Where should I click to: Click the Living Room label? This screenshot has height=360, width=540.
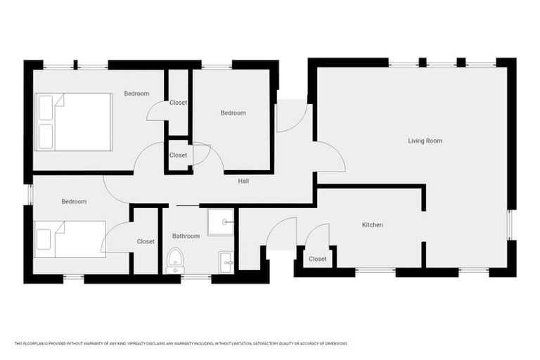pyautogui.click(x=425, y=141)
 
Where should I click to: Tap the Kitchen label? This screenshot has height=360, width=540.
pyautogui.click(x=372, y=225)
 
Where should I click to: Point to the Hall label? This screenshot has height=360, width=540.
pyautogui.click(x=243, y=181)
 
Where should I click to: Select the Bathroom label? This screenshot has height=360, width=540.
pyautogui.click(x=186, y=236)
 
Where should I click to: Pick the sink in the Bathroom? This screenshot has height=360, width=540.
pyautogui.click(x=226, y=262)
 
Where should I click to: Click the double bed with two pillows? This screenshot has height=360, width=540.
pyautogui.click(x=74, y=122)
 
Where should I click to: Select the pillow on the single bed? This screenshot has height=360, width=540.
pyautogui.click(x=44, y=239)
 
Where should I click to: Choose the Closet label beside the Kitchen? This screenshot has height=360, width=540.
pyautogui.click(x=318, y=259)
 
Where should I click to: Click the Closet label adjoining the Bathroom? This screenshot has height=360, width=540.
pyautogui.click(x=146, y=241)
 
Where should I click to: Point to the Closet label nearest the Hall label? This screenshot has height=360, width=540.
pyautogui.click(x=178, y=155)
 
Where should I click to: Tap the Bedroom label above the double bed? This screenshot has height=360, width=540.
pyautogui.click(x=136, y=94)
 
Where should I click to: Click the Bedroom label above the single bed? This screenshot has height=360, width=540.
pyautogui.click(x=74, y=202)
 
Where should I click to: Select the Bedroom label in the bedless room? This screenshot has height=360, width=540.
pyautogui.click(x=233, y=113)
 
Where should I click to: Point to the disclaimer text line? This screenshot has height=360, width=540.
pyautogui.click(x=181, y=343)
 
